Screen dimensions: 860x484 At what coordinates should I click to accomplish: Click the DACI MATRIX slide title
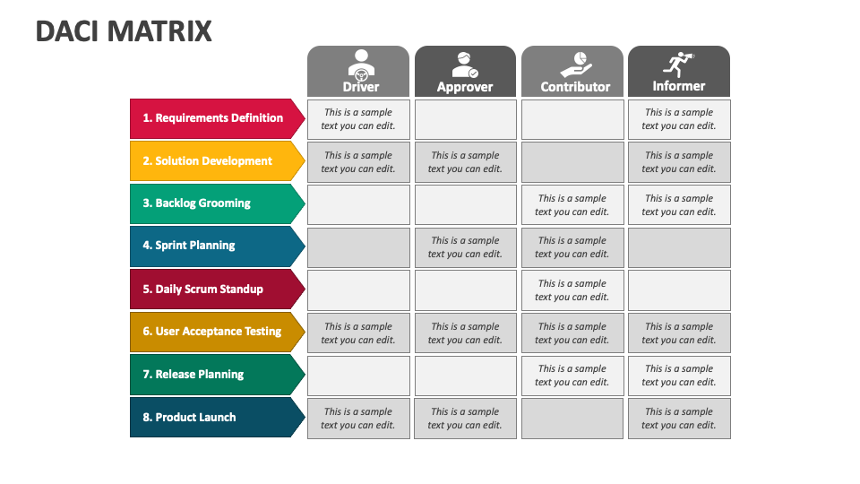click(x=124, y=31)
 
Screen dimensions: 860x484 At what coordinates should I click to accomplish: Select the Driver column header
click(x=358, y=72)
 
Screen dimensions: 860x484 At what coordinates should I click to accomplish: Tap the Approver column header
click(x=465, y=72)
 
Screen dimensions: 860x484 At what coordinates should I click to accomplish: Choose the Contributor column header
click(x=572, y=72)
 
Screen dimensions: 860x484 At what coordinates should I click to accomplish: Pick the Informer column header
click(x=679, y=72)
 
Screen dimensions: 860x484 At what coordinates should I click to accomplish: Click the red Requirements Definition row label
click(x=217, y=118)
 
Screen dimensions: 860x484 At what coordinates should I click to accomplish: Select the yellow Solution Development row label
click(x=217, y=160)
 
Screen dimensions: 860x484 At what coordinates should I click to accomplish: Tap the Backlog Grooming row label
click(x=217, y=203)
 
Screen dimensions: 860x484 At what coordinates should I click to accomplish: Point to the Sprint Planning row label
click(x=217, y=246)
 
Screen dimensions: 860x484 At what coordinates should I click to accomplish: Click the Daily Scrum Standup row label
click(x=217, y=290)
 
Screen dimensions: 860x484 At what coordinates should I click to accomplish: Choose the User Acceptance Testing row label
click(x=217, y=332)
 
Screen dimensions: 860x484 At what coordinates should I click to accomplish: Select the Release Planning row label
click(x=217, y=375)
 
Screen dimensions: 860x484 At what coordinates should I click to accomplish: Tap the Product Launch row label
click(x=217, y=418)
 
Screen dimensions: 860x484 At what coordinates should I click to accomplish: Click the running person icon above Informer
click(x=678, y=65)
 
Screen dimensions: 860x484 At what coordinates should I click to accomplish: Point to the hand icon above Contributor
click(x=576, y=65)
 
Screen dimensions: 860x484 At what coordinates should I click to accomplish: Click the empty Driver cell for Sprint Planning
click(x=358, y=247)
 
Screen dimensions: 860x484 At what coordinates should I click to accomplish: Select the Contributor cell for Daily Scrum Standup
click(x=572, y=290)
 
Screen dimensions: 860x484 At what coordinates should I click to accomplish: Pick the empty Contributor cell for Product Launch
click(x=572, y=419)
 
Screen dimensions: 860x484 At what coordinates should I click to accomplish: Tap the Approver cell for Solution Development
click(x=465, y=162)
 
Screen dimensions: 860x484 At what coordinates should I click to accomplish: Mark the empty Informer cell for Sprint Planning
click(x=679, y=247)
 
